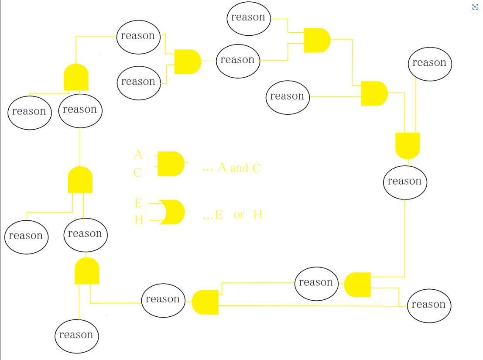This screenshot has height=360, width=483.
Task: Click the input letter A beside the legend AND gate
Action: click(138, 154)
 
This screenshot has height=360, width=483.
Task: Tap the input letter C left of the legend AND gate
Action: click(137, 173)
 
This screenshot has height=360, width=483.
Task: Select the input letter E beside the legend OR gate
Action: click(138, 203)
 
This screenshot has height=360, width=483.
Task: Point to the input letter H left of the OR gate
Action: click(139, 220)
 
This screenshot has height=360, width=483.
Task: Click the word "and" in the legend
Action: click(239, 168)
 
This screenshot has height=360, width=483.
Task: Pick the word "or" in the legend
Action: click(239, 215)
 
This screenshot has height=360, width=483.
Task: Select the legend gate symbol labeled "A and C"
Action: click(171, 164)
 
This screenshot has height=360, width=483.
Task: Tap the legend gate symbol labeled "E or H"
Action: click(171, 212)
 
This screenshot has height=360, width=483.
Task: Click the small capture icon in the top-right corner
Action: click(475, 7)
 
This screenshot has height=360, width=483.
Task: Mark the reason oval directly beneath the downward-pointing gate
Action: click(405, 182)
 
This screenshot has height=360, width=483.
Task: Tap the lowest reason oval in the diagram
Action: click(76, 336)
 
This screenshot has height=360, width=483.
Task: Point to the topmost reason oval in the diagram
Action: click(249, 18)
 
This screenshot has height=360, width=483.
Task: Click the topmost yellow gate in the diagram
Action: click(317, 40)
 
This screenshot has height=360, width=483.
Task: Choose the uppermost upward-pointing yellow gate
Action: click(76, 77)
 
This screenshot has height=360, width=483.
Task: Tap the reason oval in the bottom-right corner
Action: click(429, 305)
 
